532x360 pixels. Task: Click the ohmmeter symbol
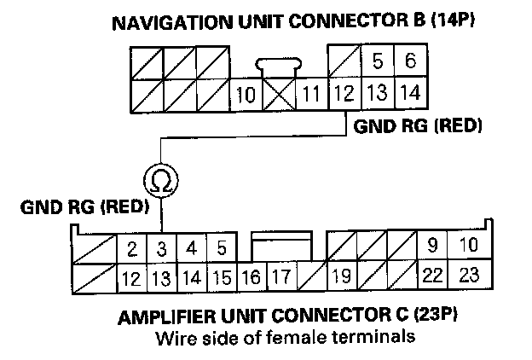pos(159,181)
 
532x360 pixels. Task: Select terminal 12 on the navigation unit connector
pos(342,94)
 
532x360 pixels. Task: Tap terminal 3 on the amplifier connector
pos(161,250)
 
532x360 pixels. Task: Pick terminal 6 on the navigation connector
pos(409,61)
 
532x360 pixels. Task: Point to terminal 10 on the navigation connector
pos(246,94)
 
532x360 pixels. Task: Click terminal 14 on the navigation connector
pos(409,94)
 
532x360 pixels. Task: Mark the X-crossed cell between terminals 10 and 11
pos(278,94)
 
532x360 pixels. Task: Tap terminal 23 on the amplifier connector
pos(468,277)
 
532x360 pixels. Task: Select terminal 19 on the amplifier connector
pos(342,277)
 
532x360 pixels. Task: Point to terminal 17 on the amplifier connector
pos(280,277)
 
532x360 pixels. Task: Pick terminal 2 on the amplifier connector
pos(132,250)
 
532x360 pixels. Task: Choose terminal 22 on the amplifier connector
pos(432,277)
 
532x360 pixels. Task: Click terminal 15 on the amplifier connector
pos(222,277)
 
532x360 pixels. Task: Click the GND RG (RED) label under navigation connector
pos(413,126)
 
